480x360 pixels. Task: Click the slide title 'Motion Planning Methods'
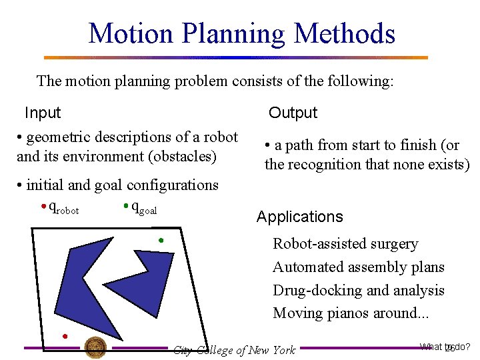coord(241,33)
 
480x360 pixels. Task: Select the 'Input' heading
coord(43,113)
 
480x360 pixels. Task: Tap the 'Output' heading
coord(293,113)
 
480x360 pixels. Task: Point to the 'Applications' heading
coord(299,217)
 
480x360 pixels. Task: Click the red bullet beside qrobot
coord(43,206)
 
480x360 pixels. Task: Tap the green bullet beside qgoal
coord(125,206)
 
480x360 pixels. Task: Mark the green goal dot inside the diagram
coord(161,239)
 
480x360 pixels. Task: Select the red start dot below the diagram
coord(65,335)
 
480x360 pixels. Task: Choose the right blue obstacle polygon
coord(157,280)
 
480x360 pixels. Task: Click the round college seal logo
coord(95,347)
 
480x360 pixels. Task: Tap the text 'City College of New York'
coord(234,350)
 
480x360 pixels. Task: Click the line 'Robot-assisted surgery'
coord(345,244)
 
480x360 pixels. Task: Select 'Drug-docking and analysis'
coord(358,291)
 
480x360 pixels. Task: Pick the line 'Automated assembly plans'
coord(358,267)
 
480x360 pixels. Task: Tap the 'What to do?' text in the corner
coord(445,347)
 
